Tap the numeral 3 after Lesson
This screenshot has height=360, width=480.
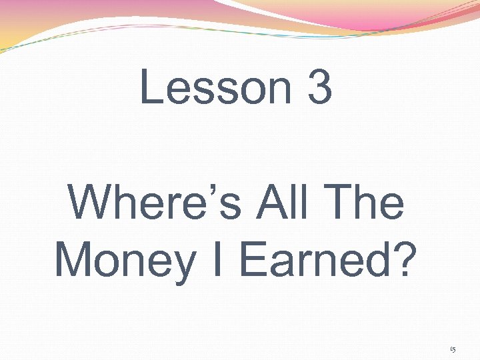coord(320,88)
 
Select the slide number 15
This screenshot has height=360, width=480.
coord(453,349)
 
